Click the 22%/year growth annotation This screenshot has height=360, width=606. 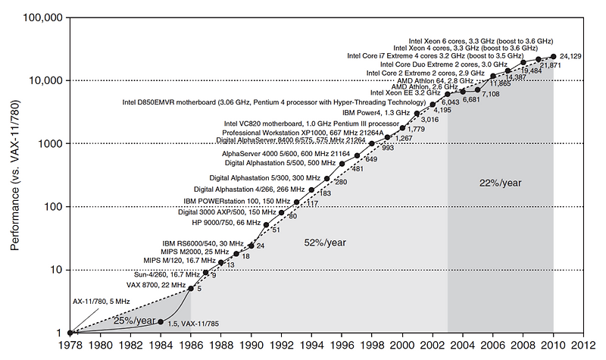(500, 183)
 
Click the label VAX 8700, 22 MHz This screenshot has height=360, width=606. (157, 284)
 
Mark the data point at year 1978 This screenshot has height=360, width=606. (69, 333)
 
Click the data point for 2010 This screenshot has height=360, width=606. (553, 56)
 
